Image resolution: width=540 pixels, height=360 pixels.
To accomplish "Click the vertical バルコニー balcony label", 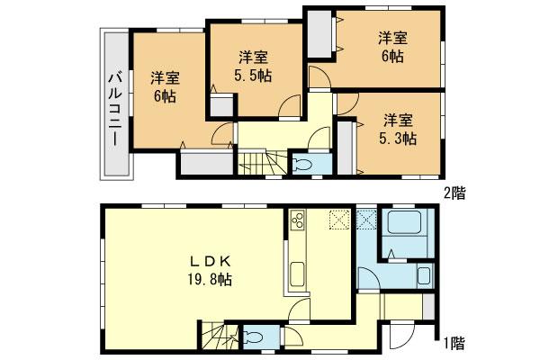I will pos(114,103).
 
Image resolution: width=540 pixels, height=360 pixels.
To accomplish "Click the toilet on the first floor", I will pos(256,337).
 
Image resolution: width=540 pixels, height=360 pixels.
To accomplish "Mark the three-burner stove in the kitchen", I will pos(299,220).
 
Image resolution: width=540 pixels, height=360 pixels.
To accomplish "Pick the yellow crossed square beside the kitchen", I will pos(338,219).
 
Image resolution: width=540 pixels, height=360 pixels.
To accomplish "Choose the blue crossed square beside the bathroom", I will pos(366,219).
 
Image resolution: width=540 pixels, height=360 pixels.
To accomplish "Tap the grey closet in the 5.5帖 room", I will pos(220,103).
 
